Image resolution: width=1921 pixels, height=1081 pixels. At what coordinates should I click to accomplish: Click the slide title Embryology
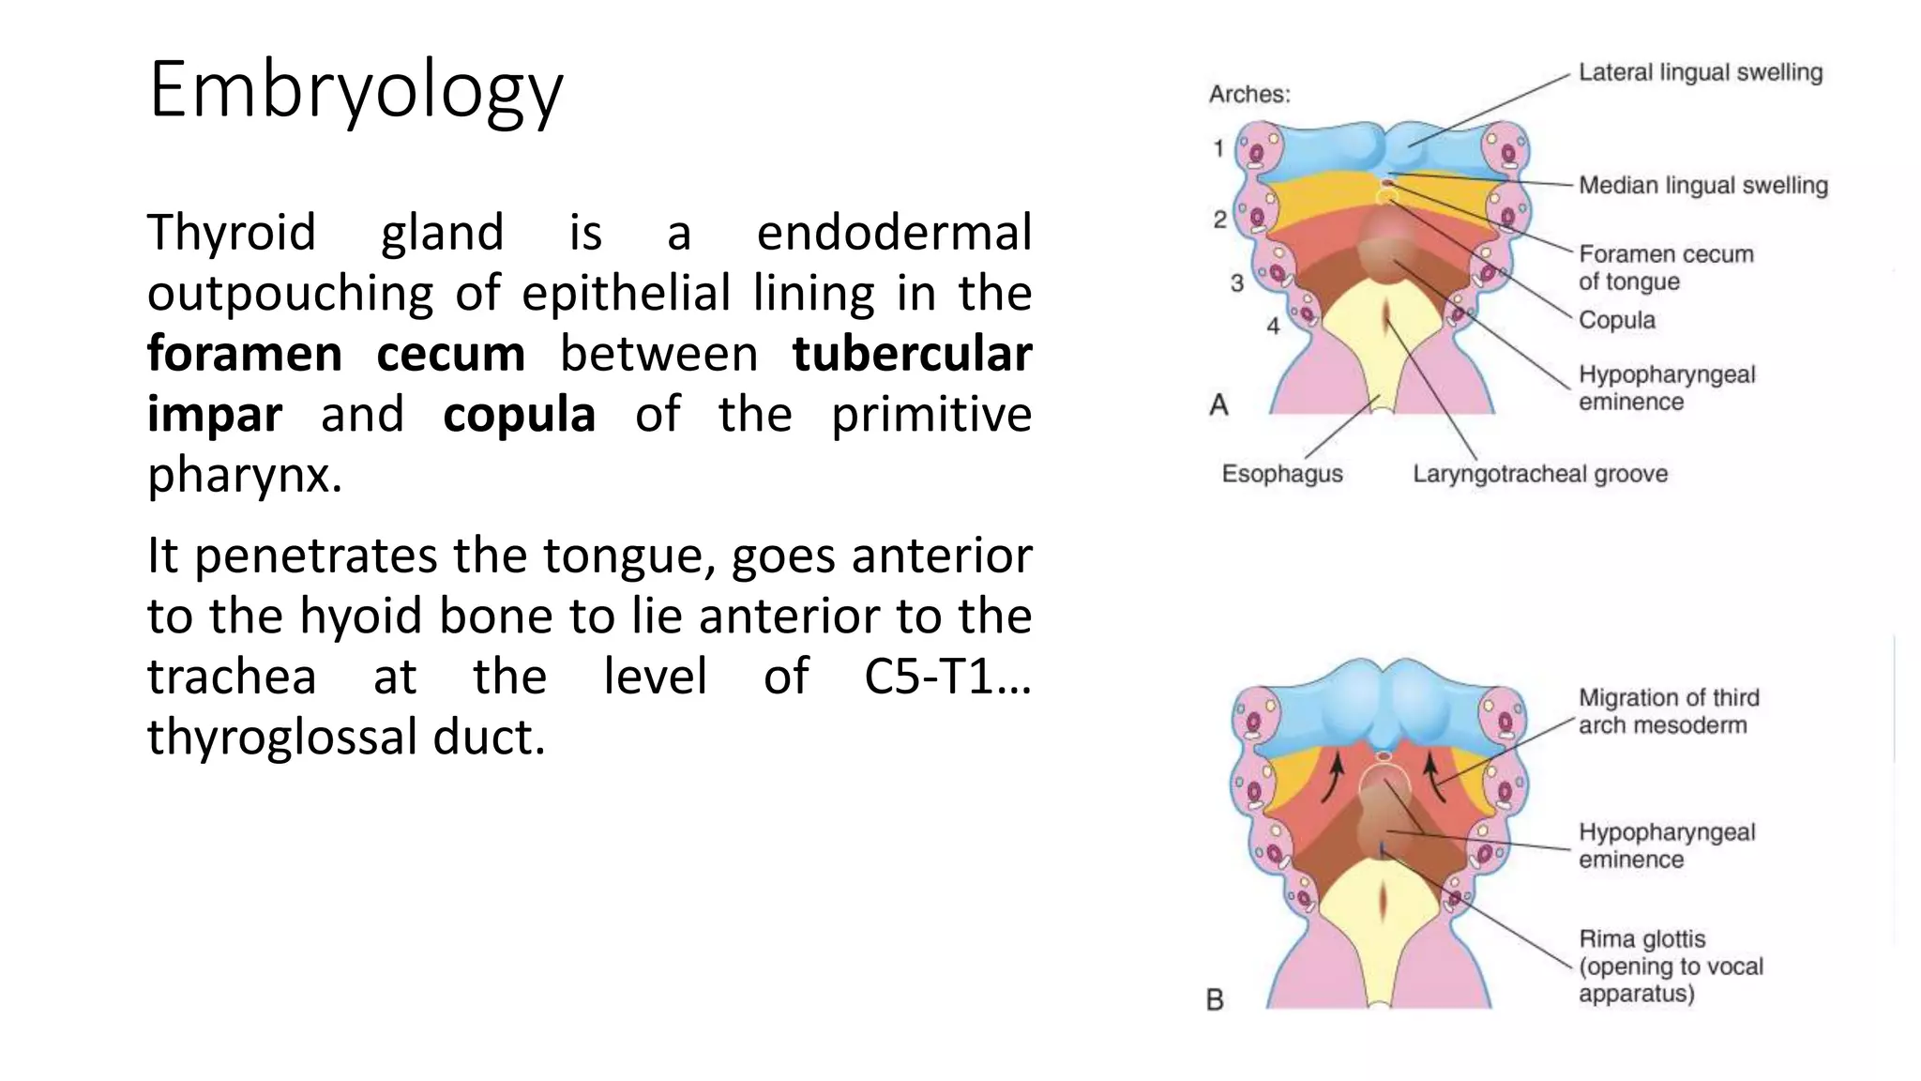click(355, 90)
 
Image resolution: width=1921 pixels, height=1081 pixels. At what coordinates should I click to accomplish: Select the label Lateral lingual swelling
click(1700, 73)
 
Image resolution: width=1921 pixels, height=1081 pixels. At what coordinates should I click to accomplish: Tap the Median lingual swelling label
click(1702, 186)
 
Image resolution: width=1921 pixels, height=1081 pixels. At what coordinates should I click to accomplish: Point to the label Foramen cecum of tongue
click(1665, 267)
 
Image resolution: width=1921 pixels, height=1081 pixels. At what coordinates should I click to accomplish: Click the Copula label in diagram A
click(1616, 320)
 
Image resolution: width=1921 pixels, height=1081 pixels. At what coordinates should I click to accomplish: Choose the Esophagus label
click(1281, 474)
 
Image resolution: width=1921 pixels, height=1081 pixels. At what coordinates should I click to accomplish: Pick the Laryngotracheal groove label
click(1540, 474)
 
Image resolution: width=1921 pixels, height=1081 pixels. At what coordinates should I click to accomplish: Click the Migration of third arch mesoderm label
click(1668, 711)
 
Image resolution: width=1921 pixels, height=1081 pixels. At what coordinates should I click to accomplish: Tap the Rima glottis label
click(1670, 966)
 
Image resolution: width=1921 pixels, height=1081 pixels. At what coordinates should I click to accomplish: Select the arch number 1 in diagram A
click(1218, 148)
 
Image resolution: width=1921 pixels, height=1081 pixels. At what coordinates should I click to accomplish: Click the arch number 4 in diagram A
click(1273, 327)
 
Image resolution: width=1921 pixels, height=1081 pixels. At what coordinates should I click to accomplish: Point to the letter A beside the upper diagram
click(1218, 404)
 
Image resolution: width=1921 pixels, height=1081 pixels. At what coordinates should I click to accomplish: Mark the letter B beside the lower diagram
click(1215, 1000)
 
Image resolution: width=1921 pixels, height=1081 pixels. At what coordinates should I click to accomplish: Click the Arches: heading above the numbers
click(1248, 95)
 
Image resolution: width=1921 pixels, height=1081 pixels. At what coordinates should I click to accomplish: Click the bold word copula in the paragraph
click(519, 415)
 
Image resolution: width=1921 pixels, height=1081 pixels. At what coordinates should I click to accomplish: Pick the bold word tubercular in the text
click(912, 354)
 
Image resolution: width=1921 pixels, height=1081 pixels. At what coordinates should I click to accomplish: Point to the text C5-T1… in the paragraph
click(947, 676)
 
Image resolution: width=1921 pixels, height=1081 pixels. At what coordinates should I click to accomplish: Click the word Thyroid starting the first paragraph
click(231, 233)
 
